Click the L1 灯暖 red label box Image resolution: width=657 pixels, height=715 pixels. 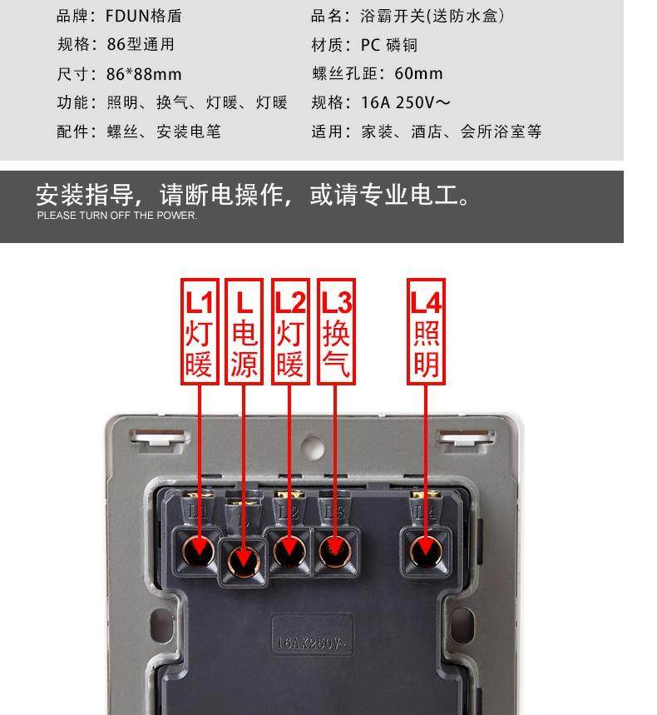pos(199,331)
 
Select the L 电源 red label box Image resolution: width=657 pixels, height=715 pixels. pos(244,331)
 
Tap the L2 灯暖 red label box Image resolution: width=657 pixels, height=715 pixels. pos(289,331)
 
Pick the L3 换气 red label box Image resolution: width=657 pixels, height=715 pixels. pos(335,331)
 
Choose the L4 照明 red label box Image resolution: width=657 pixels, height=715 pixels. pos(426,331)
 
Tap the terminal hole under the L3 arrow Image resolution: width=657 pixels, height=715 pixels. pos(334,549)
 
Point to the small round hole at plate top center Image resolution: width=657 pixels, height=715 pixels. pos(313,447)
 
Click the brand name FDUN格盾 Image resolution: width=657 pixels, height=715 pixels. pos(143,16)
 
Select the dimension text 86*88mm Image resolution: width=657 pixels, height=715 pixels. pos(143,74)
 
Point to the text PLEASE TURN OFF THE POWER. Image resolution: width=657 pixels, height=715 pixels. pos(117,216)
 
